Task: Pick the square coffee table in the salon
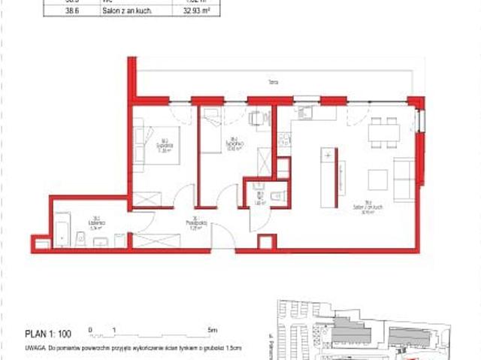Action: [x=377, y=180]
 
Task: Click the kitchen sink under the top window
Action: [x=306, y=113]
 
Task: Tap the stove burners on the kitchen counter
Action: [x=284, y=140]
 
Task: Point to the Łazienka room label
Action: [x=96, y=222]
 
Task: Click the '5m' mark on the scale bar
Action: [x=212, y=330]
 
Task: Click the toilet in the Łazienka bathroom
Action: [x=80, y=239]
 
